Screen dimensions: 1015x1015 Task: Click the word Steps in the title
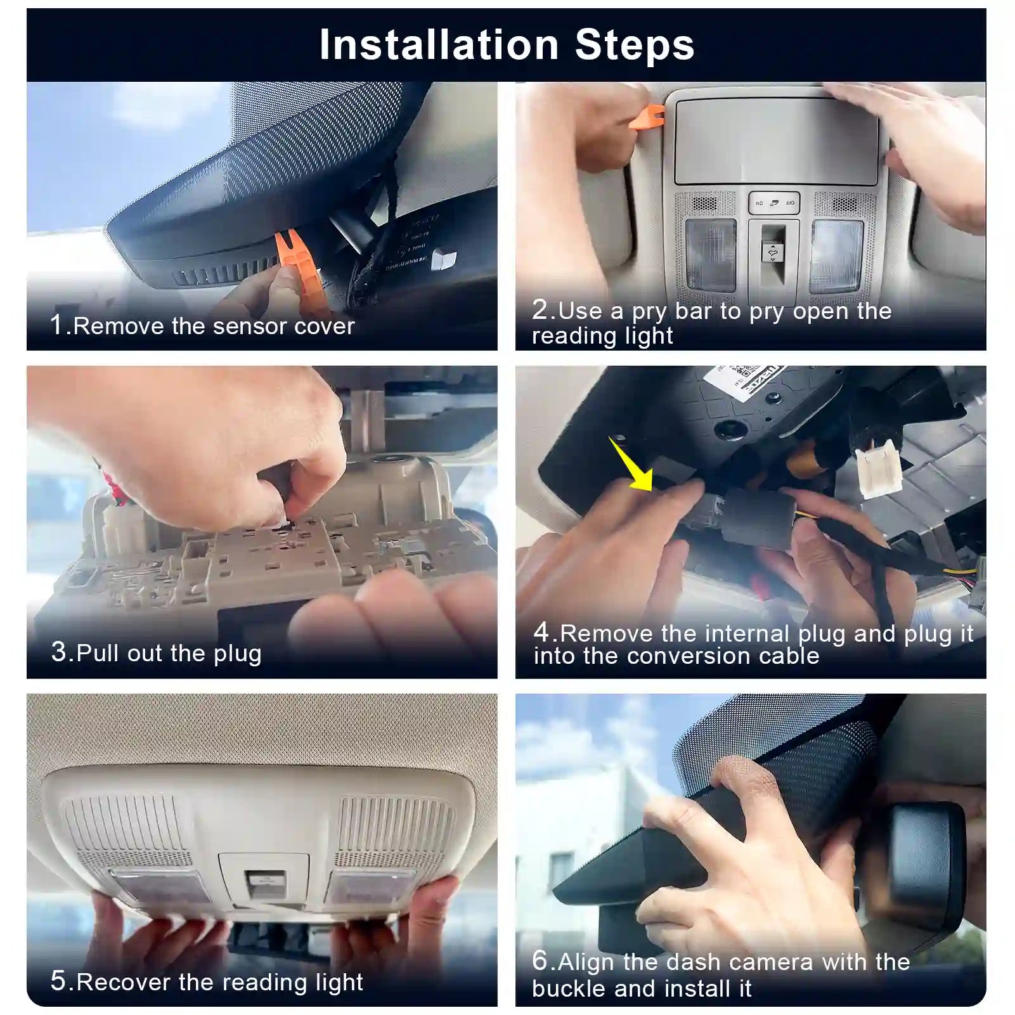[x=635, y=45]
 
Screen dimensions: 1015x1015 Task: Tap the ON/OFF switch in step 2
[x=774, y=203]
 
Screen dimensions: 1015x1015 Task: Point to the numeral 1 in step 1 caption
[x=57, y=325]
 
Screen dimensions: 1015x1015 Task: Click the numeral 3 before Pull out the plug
[x=58, y=652]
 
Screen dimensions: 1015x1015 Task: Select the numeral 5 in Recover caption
[x=58, y=981]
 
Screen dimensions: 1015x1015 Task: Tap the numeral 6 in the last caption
[x=540, y=960]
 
